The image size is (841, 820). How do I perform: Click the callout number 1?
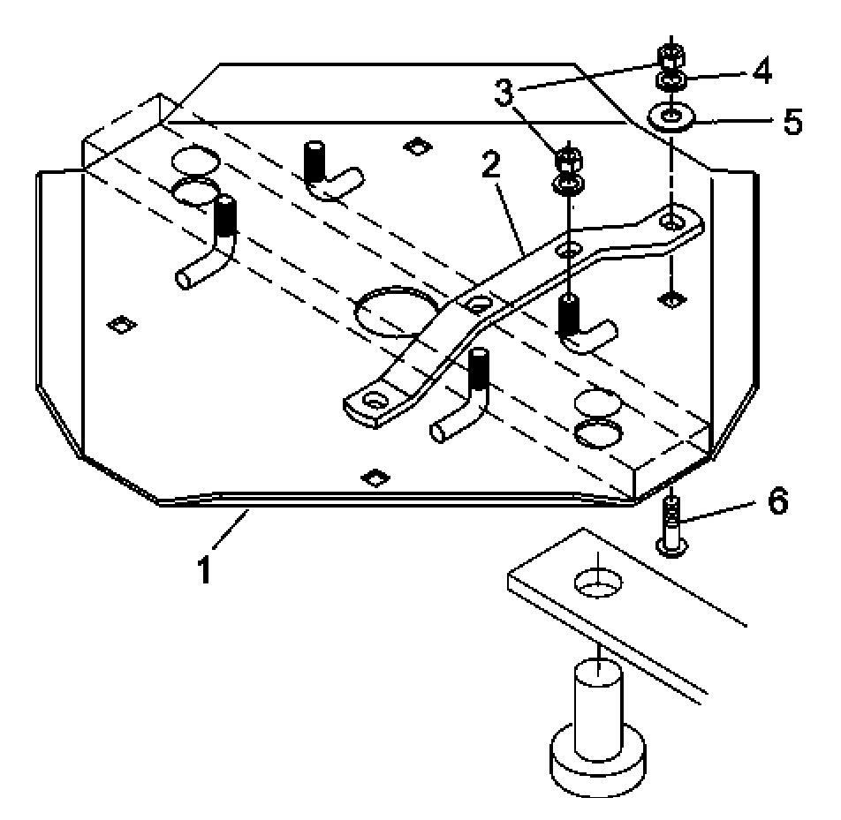tap(204, 569)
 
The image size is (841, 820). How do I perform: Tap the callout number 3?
tap(504, 93)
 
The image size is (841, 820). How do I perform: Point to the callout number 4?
tap(761, 71)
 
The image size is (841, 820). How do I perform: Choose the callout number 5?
tap(792, 121)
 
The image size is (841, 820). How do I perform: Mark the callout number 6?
tap(777, 501)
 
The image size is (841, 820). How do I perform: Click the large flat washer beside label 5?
tap(671, 117)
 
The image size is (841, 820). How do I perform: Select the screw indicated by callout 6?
tap(671, 526)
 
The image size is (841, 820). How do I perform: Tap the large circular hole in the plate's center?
tap(395, 312)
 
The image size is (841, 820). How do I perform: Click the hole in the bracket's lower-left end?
tap(375, 399)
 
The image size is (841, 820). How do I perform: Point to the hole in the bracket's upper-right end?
tap(670, 220)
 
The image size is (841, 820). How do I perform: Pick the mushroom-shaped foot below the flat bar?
tap(598, 742)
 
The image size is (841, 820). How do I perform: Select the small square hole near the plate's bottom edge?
tap(375, 478)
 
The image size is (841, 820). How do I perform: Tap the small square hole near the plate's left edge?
tap(122, 324)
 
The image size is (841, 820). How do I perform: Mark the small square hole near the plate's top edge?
tap(418, 146)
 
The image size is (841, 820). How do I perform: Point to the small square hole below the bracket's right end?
tap(671, 299)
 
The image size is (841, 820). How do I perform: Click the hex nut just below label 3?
tap(570, 159)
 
